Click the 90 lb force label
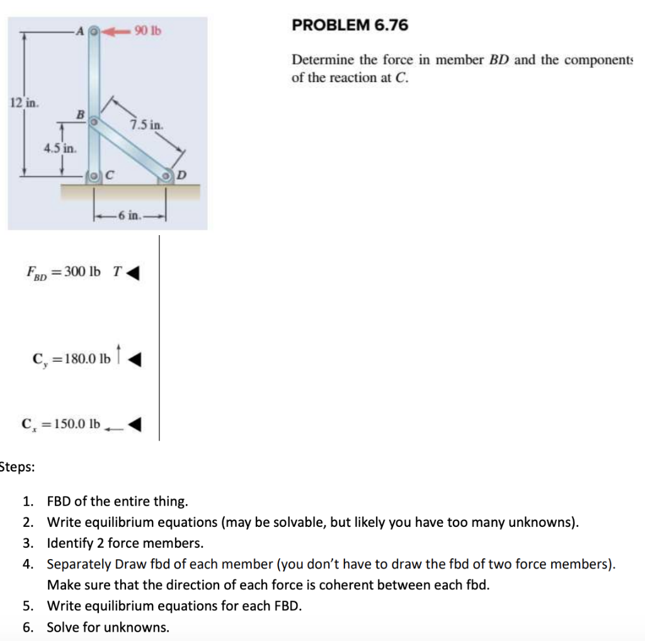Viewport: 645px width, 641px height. pyautogui.click(x=148, y=30)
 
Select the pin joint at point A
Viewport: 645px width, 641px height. pyautogui.click(x=93, y=30)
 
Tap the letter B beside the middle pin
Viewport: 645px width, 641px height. pyautogui.click(x=79, y=114)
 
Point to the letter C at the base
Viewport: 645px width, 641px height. pyautogui.click(x=108, y=175)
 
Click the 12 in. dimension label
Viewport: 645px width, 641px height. pyautogui.click(x=23, y=103)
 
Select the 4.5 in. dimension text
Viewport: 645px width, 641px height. pyautogui.click(x=60, y=149)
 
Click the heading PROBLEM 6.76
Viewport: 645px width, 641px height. pyautogui.click(x=350, y=25)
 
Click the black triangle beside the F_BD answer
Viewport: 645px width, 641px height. pyautogui.click(x=133, y=274)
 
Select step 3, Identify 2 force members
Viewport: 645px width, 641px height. pyautogui.click(x=125, y=543)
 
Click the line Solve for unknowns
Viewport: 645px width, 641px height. pyautogui.click(x=108, y=627)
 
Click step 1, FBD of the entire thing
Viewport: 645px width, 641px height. pyautogui.click(x=117, y=502)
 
